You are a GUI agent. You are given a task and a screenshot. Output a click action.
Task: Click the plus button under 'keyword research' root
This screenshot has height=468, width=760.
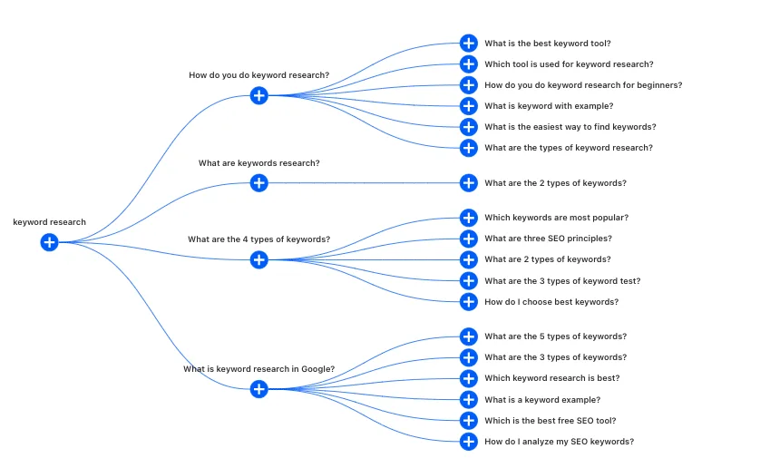[50, 242]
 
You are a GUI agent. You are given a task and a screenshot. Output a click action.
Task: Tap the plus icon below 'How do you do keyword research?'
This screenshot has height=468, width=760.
[259, 95]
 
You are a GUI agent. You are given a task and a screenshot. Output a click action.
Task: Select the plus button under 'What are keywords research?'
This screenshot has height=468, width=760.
[259, 183]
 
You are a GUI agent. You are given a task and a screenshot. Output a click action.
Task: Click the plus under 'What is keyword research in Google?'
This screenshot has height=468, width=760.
[259, 389]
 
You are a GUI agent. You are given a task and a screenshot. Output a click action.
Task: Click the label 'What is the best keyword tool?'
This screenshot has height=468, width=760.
[548, 44]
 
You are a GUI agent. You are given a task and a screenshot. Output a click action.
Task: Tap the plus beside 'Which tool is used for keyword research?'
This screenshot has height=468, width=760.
[469, 64]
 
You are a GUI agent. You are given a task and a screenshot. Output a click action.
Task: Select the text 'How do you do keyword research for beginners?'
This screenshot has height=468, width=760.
[583, 85]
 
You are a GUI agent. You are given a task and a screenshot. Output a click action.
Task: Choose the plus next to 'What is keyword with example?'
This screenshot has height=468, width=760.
[469, 106]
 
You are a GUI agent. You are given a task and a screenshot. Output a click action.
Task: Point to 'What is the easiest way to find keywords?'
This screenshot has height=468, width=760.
[570, 127]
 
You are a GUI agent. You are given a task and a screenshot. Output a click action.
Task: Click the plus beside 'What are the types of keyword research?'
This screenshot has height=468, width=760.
[469, 148]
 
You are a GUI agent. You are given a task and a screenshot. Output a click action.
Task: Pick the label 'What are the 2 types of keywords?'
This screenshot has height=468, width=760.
[555, 183]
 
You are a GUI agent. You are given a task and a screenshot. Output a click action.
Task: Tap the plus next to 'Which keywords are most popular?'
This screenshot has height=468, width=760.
[469, 218]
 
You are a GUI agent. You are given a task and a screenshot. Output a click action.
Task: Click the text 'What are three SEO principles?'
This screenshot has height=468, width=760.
[548, 239]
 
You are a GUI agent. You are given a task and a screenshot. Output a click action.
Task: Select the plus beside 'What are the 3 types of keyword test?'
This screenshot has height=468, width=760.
[469, 280]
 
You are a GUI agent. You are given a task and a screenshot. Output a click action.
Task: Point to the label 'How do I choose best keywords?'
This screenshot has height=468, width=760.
[551, 302]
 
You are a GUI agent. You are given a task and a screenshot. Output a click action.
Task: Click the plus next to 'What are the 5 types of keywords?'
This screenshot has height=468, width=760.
[469, 336]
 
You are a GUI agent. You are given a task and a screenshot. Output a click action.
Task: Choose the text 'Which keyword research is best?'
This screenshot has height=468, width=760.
[552, 378]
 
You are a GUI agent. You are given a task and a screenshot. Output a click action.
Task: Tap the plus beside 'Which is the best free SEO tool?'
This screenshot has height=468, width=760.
[469, 421]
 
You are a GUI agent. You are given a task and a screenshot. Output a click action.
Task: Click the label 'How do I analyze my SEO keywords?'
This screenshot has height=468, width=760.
[560, 442]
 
